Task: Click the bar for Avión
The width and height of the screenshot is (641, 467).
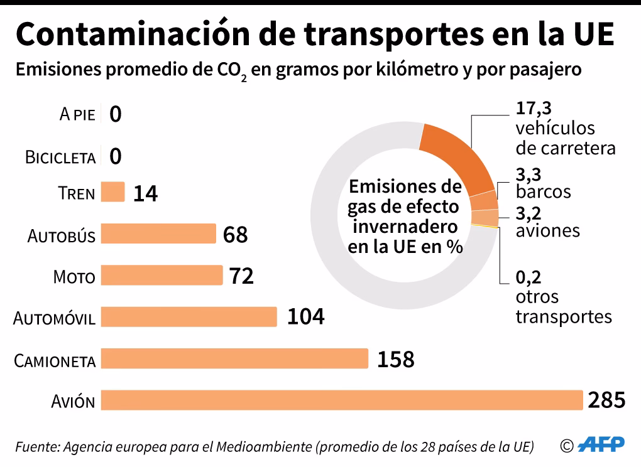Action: click(x=342, y=400)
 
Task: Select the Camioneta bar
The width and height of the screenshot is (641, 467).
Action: click(x=234, y=358)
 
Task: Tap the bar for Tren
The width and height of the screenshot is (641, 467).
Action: click(x=113, y=192)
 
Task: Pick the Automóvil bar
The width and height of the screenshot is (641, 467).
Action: click(x=189, y=316)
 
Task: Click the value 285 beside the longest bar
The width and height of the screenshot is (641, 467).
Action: click(x=606, y=400)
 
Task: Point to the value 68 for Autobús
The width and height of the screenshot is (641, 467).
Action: click(x=236, y=235)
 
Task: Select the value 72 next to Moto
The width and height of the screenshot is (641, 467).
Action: click(x=241, y=276)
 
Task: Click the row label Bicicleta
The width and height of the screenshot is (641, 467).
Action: click(x=60, y=157)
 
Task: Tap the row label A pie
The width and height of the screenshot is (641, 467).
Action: click(x=77, y=115)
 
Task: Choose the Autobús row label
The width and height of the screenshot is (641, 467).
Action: click(x=62, y=236)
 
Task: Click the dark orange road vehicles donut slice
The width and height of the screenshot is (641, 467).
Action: click(x=462, y=157)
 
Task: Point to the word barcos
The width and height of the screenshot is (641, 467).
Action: click(x=543, y=191)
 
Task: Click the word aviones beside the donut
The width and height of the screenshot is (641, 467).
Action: click(x=547, y=230)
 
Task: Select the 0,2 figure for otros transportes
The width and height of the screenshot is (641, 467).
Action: click(x=529, y=277)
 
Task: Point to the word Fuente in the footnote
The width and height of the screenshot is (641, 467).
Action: click(x=35, y=447)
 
